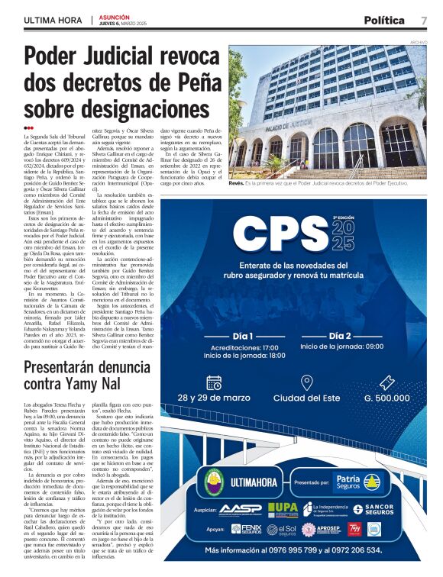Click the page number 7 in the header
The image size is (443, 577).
tap(423, 20)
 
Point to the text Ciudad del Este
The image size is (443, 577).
tap(306, 398)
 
